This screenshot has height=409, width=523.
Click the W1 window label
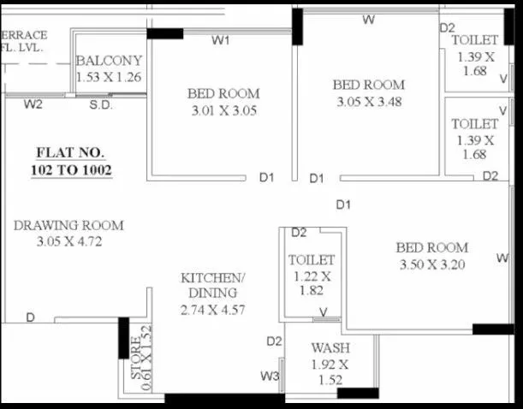222,40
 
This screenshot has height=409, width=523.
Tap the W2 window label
33,105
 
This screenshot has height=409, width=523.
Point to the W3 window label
270,376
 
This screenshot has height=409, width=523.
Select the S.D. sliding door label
101,105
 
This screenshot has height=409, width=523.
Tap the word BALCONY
109,62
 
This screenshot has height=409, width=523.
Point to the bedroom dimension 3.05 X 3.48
367,102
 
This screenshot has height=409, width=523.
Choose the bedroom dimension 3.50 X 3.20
431,264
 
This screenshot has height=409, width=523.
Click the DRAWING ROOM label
68,226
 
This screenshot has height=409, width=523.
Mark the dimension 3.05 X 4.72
68,242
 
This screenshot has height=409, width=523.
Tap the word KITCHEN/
213,279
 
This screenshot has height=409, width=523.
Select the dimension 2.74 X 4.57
213,310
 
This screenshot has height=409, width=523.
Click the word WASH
330,348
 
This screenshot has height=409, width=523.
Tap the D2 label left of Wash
273,341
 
